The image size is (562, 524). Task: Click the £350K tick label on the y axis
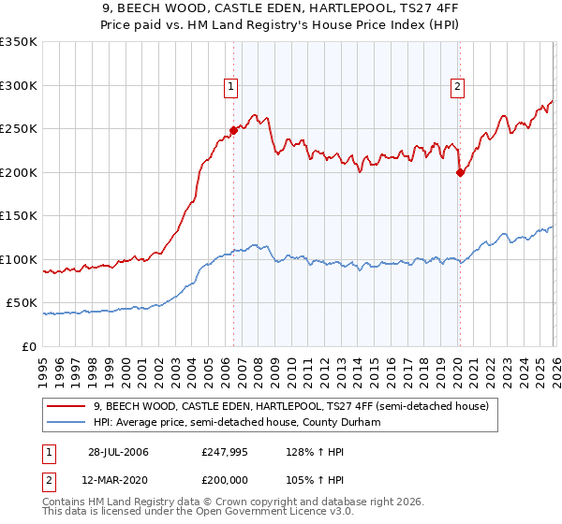19,42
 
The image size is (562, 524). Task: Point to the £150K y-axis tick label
19,216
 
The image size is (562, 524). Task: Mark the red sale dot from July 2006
233,130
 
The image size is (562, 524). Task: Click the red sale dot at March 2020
460,172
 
